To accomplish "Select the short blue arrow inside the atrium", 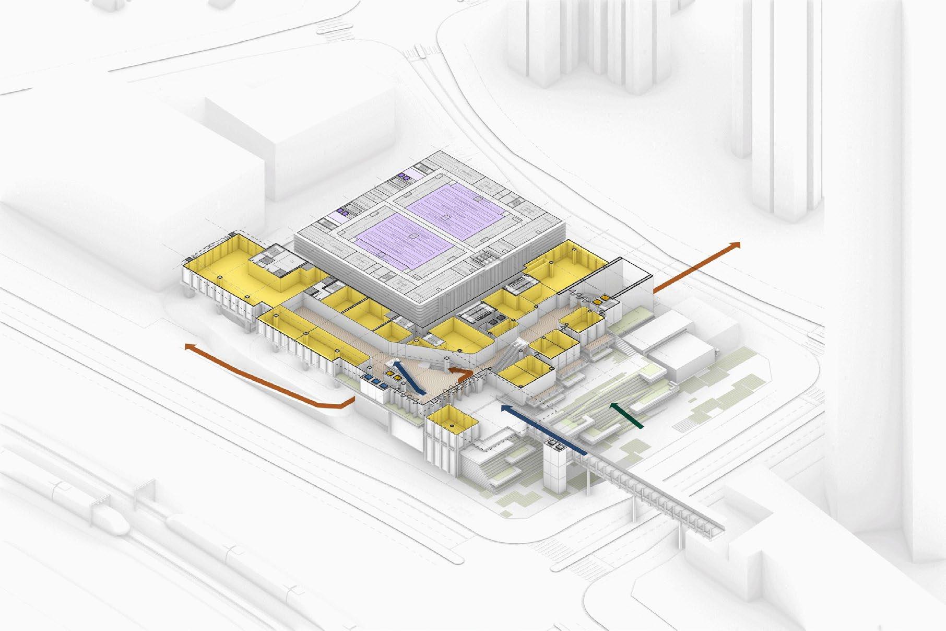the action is click(408, 377).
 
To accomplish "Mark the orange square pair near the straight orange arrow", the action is click(600, 299).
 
